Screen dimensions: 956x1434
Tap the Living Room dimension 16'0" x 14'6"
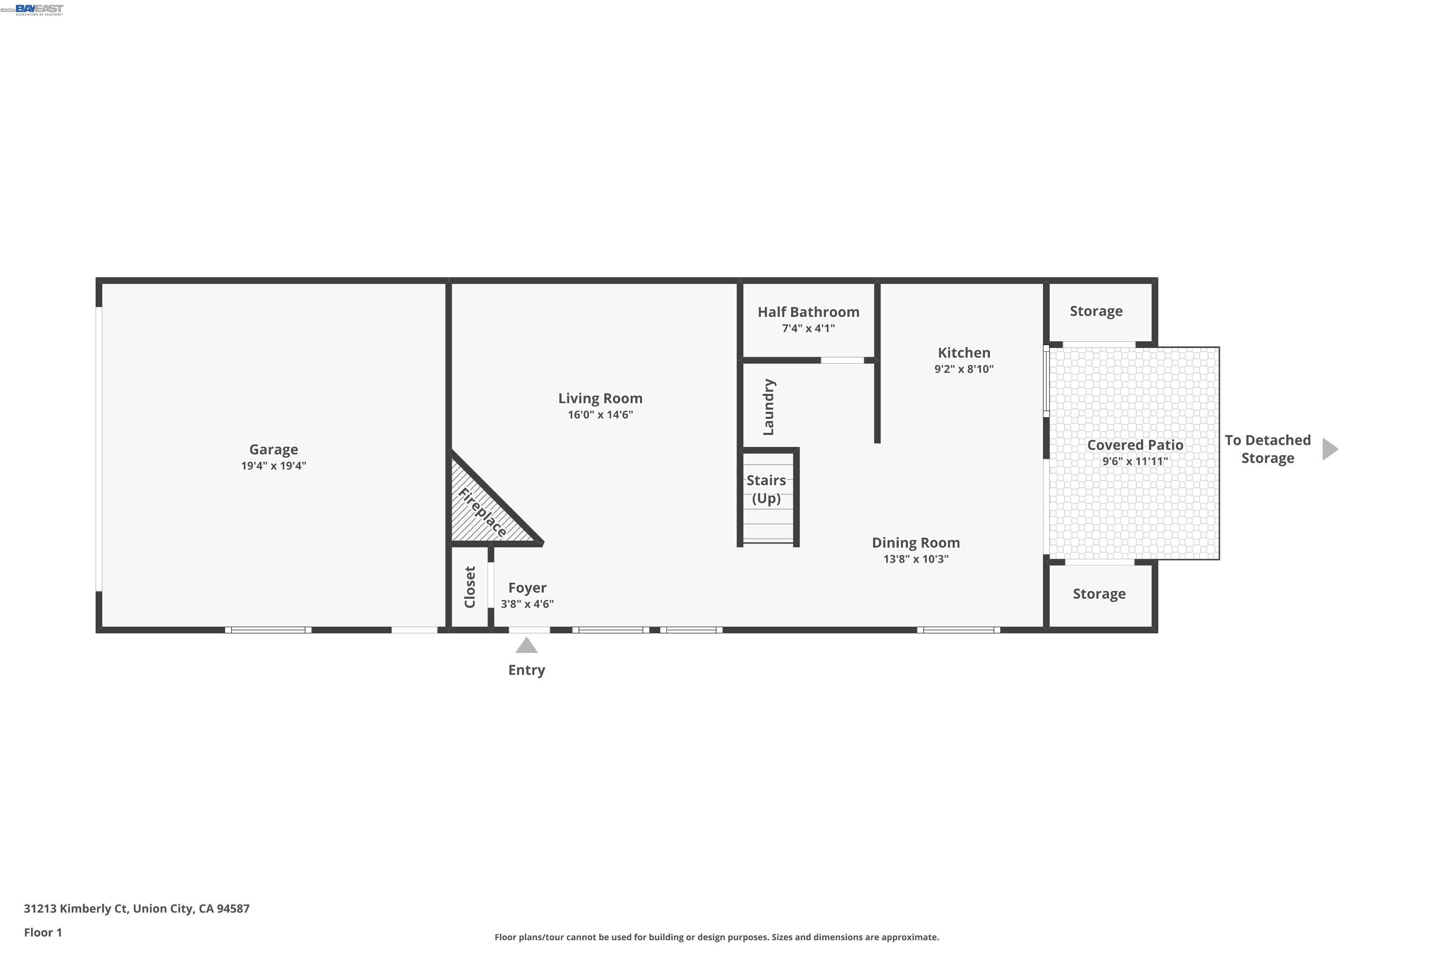click(x=600, y=414)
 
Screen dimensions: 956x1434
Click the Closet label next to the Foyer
click(x=469, y=587)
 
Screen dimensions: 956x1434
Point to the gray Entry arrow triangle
click(x=526, y=646)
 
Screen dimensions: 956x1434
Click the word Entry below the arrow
click(x=526, y=670)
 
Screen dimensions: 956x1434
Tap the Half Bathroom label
click(x=808, y=312)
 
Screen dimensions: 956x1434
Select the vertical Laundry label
click(x=768, y=407)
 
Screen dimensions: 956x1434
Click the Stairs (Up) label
click(x=766, y=489)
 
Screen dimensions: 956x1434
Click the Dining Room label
click(x=915, y=543)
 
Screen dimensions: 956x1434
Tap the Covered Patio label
click(x=1135, y=445)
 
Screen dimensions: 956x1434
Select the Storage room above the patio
click(x=1096, y=311)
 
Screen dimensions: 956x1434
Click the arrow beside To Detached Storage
click(x=1329, y=449)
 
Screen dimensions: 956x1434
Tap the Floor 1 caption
click(x=43, y=932)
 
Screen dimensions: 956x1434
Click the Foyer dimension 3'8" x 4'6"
click(x=527, y=604)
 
